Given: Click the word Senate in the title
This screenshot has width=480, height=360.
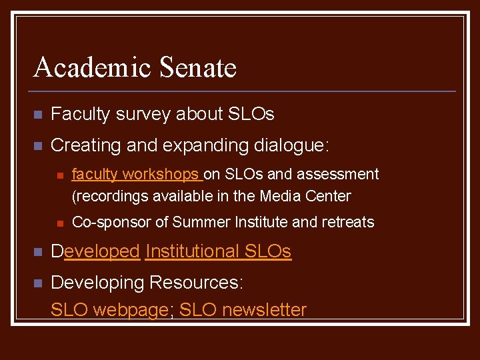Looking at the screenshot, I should pyautogui.click(x=198, y=68).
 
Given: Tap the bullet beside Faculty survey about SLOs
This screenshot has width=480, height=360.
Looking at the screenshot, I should pyautogui.click(x=38, y=115).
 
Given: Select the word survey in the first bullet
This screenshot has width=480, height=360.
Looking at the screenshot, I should pyautogui.click(x=144, y=115).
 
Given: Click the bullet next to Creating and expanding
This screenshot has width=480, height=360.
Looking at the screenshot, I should pyautogui.click(x=38, y=145).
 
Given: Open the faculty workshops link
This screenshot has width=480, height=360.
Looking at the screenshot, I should pyautogui.click(x=135, y=175).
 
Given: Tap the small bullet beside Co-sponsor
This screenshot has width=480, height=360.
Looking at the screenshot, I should pyautogui.click(x=59, y=223).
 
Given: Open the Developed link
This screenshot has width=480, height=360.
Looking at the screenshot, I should pyautogui.click(x=96, y=251).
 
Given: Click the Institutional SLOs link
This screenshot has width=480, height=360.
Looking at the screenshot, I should pyautogui.click(x=218, y=251).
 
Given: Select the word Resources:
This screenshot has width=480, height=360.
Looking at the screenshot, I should pyautogui.click(x=196, y=283).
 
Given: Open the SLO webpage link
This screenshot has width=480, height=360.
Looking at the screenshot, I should pyautogui.click(x=109, y=310).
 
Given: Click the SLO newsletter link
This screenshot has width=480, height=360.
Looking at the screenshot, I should pyautogui.click(x=243, y=310).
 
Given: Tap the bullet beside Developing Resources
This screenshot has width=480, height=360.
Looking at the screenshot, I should pyautogui.click(x=38, y=283).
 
